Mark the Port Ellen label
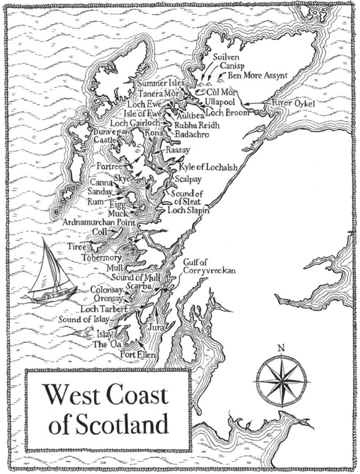[137, 355]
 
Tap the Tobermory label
[101, 257]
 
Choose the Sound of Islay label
[83, 319]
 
